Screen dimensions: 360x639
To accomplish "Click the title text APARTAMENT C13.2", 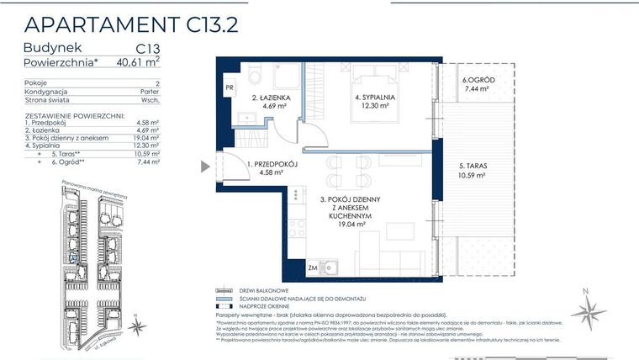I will (130, 23).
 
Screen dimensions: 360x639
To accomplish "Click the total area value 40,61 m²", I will (136, 61).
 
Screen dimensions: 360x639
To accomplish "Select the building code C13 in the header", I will (147, 48).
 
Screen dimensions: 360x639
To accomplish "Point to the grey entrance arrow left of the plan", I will (205, 166).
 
